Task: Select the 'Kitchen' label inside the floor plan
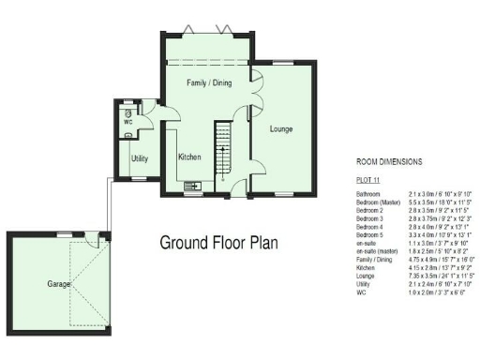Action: tap(191, 157)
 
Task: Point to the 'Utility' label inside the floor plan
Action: tap(140, 159)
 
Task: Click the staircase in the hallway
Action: tap(224, 146)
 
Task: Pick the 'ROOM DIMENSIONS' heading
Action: tap(389, 161)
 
